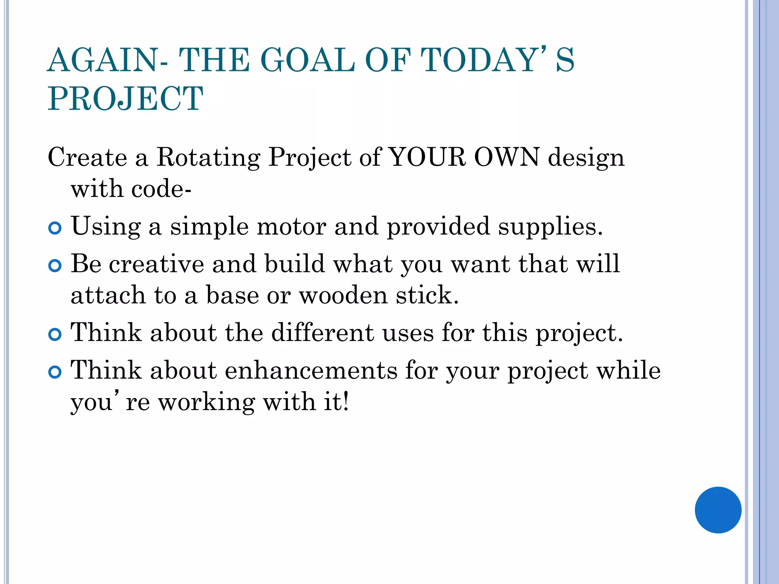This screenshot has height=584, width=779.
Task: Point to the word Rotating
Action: click(x=208, y=157)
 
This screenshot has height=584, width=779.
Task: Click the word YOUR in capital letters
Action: click(x=428, y=157)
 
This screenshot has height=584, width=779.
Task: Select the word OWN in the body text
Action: click(x=506, y=157)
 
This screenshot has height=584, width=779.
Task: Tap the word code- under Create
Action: click(x=161, y=189)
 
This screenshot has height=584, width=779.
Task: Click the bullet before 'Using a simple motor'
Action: click(x=55, y=229)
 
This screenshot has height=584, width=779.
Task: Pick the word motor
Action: click(x=291, y=227)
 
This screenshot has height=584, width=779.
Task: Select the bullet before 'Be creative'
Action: click(x=55, y=266)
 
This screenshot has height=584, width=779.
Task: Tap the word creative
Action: click(x=156, y=264)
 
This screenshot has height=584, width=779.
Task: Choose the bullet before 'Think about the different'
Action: click(x=55, y=335)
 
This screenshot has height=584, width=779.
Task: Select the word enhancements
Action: click(x=311, y=370)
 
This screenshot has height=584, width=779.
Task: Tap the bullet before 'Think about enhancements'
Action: click(x=55, y=372)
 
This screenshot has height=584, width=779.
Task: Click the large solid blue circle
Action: click(x=718, y=510)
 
